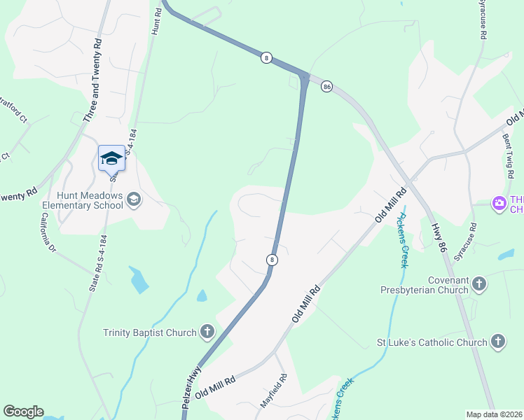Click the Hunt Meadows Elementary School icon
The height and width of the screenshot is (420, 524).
pyautogui.click(x=133, y=201)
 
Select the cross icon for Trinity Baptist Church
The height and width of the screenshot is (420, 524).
pyautogui.click(x=207, y=332)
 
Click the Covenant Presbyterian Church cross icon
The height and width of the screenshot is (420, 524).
pyautogui.click(x=479, y=283)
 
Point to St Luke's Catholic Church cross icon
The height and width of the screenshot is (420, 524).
pyautogui.click(x=497, y=342)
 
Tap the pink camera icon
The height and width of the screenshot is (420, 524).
pyautogui.click(x=499, y=203)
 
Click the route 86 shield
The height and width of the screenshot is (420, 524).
pyautogui.click(x=326, y=86)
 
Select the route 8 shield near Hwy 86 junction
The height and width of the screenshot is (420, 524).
pyautogui.click(x=266, y=57)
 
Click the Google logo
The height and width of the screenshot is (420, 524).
pyautogui.click(x=23, y=412)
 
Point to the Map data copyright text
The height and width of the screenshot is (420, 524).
pyautogui.click(x=495, y=414)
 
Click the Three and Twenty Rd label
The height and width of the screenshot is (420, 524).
pyautogui.click(x=92, y=81)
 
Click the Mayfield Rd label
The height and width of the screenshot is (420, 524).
pyautogui.click(x=274, y=393)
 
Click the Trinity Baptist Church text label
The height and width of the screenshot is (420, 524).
pyautogui.click(x=149, y=332)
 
